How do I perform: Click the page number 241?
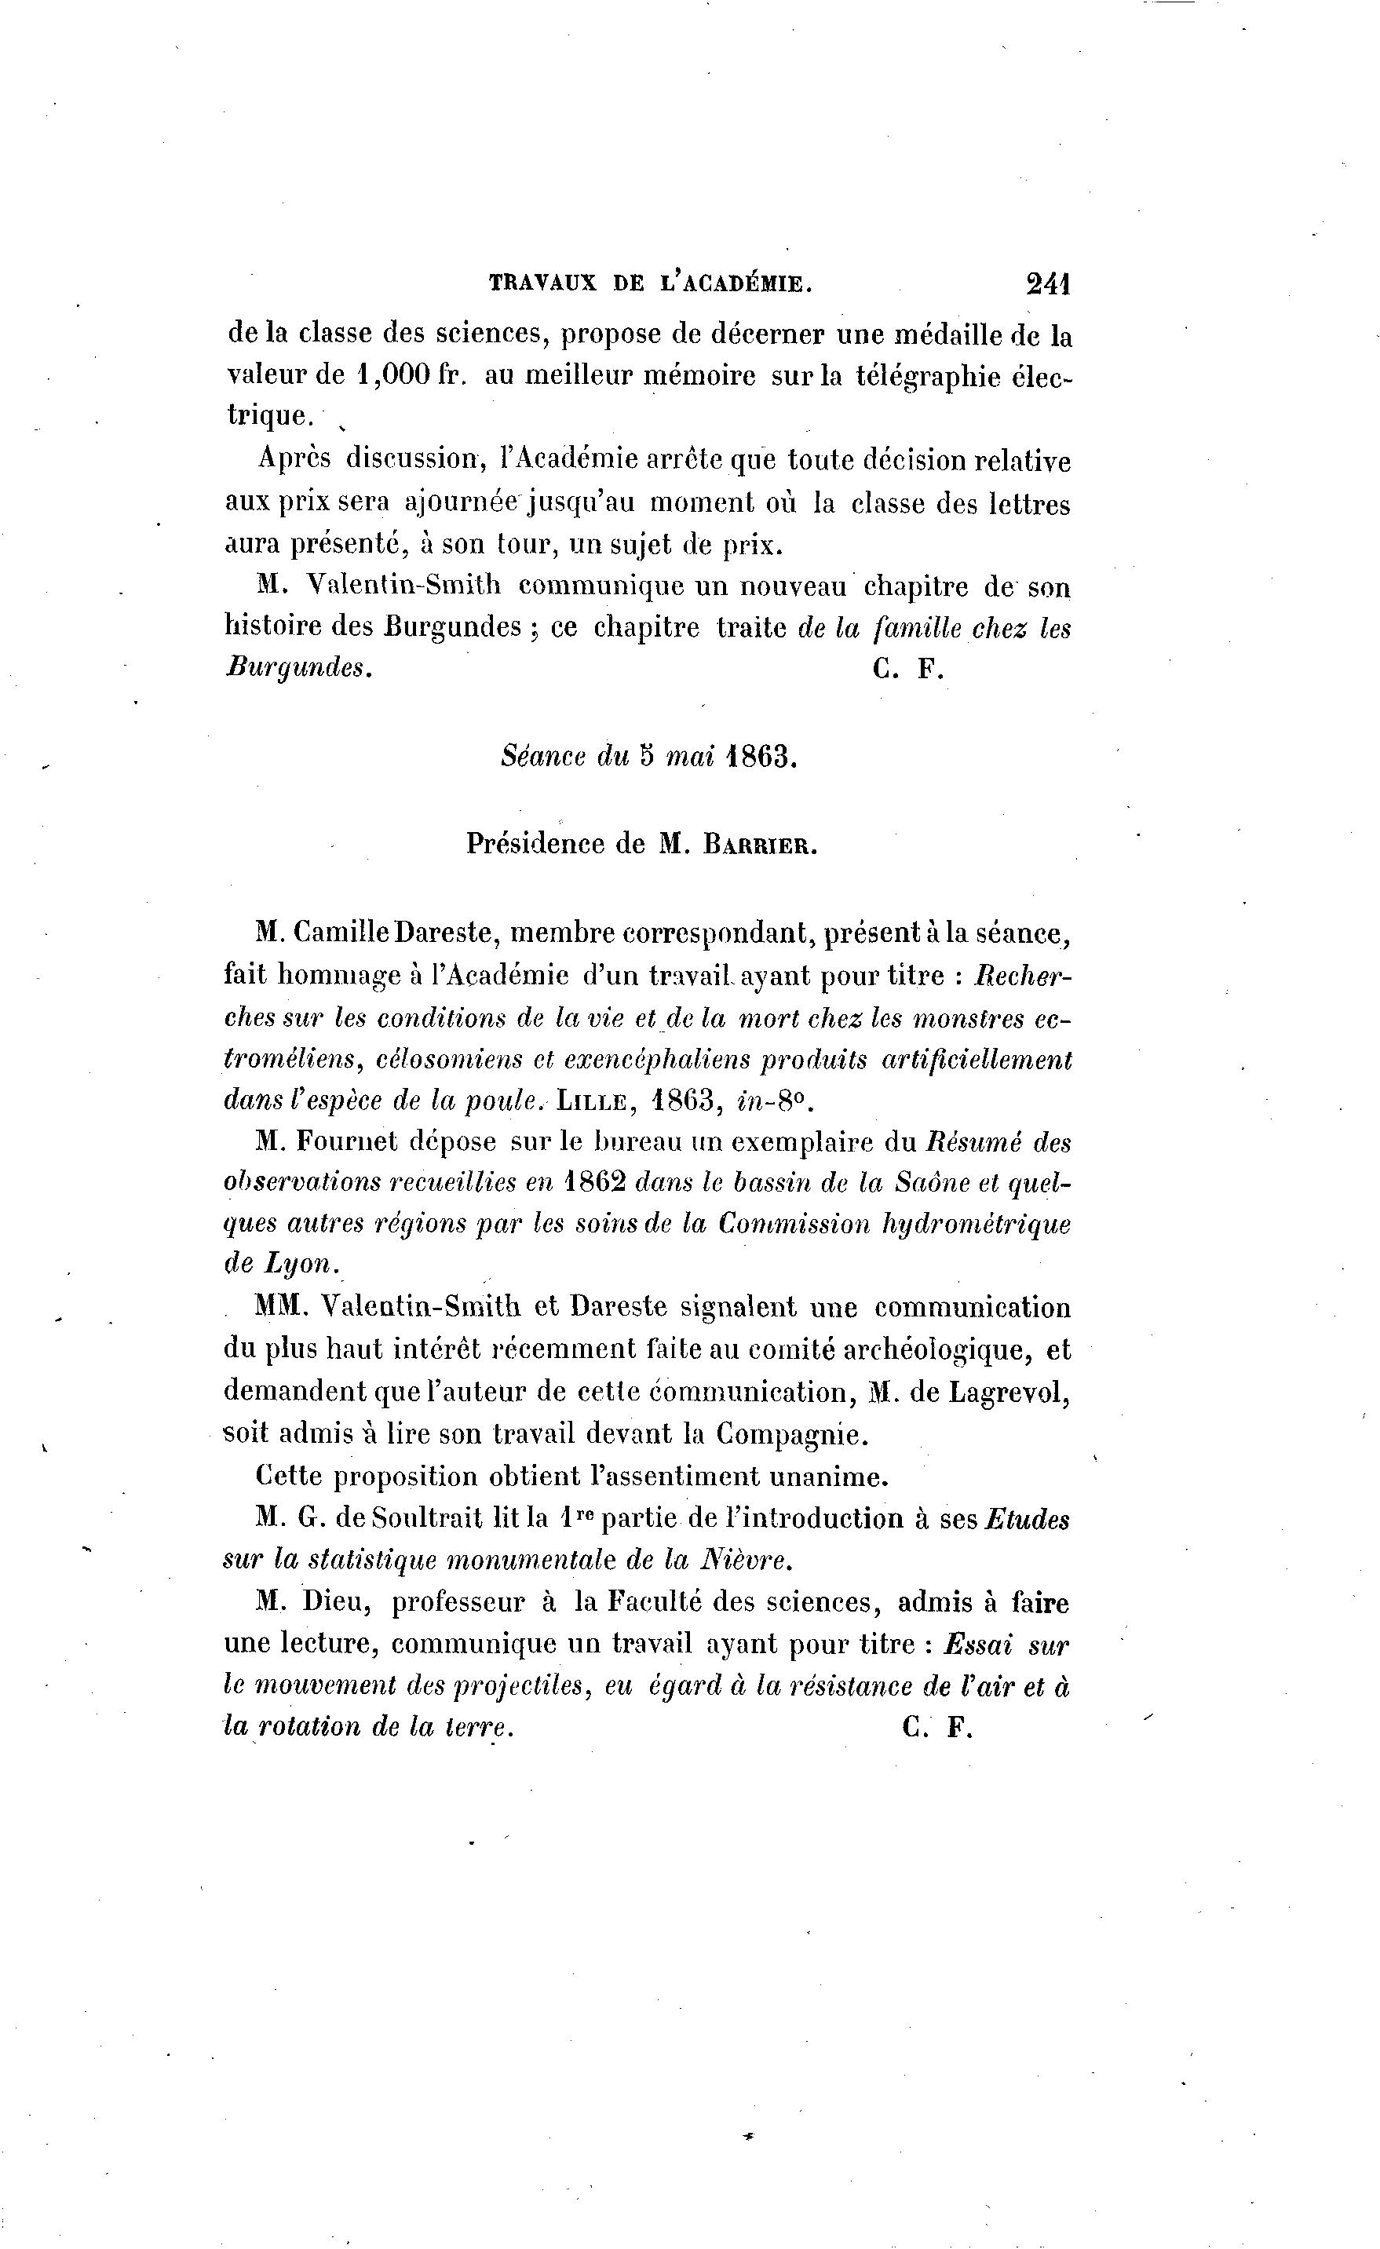(1047, 284)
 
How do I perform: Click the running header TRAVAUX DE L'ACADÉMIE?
(650, 284)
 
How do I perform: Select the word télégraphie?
(927, 377)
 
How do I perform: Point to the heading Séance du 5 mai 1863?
(649, 758)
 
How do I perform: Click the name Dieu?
(330, 1602)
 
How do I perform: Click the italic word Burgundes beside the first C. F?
(298, 668)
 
